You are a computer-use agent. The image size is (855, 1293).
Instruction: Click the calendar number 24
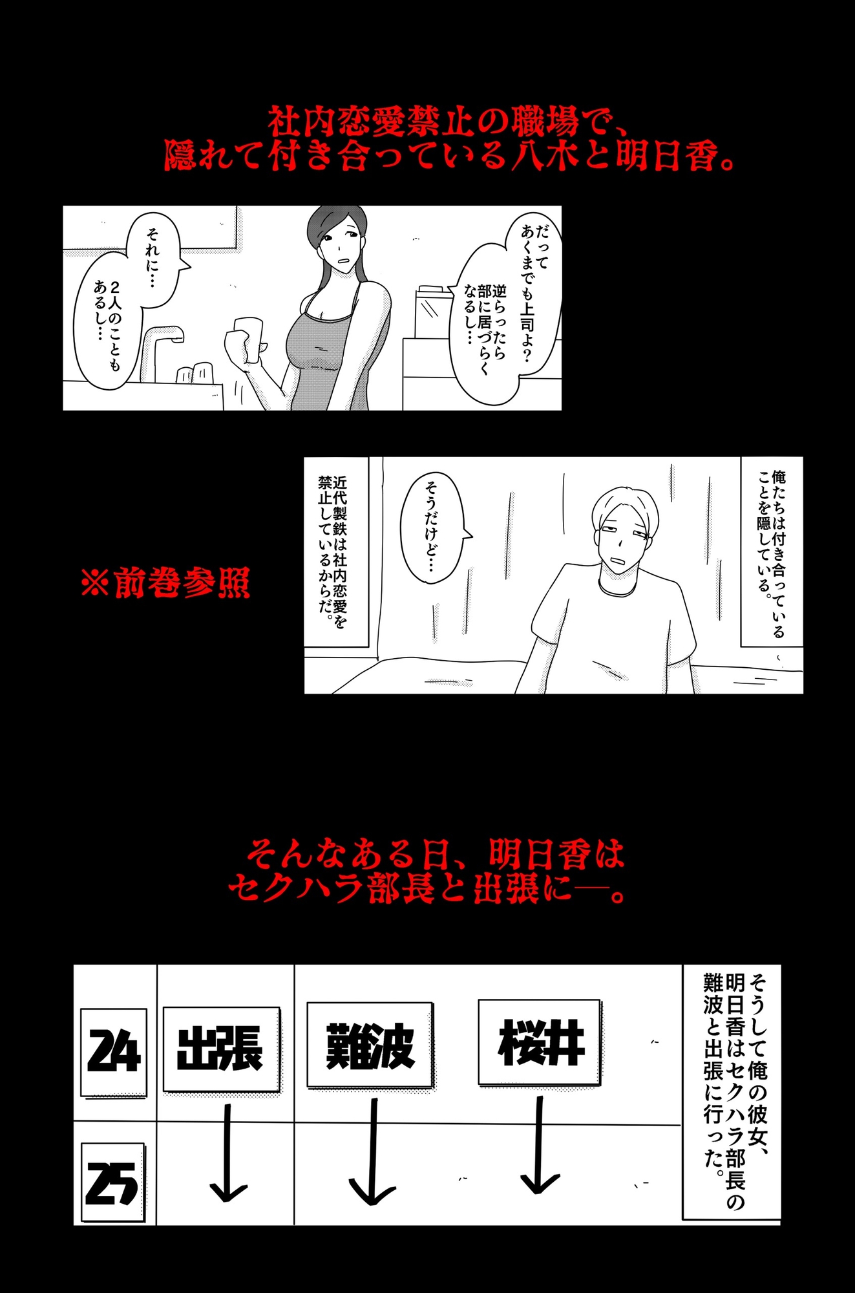tap(114, 1052)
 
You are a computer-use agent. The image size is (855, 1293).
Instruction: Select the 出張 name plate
tap(220, 1049)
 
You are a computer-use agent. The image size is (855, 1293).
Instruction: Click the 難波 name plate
tap(370, 1045)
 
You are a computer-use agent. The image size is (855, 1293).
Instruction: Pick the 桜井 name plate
tap(540, 1042)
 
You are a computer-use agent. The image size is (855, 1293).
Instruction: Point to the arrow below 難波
tap(373, 1154)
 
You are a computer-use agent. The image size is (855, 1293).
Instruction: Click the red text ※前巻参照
tap(165, 583)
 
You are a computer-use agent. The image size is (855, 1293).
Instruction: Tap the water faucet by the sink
tap(162, 346)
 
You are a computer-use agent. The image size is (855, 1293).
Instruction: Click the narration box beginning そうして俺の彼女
tap(732, 1091)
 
